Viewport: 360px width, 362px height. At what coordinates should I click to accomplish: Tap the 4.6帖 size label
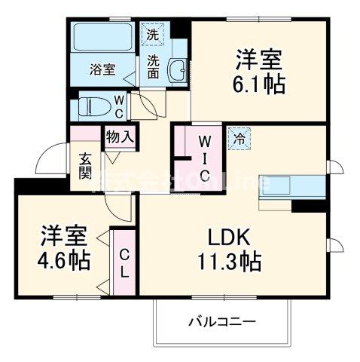coord(64,260)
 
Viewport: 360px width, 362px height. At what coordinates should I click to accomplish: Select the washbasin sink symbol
coord(178,72)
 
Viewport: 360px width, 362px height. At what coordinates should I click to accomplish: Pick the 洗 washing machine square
coord(153,34)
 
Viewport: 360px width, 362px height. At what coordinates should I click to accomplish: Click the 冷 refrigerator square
coord(240,139)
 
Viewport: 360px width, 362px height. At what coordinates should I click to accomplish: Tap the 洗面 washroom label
coord(154,66)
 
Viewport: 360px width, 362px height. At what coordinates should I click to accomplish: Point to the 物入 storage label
coord(120,137)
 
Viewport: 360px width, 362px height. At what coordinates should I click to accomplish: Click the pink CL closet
coord(124,262)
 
